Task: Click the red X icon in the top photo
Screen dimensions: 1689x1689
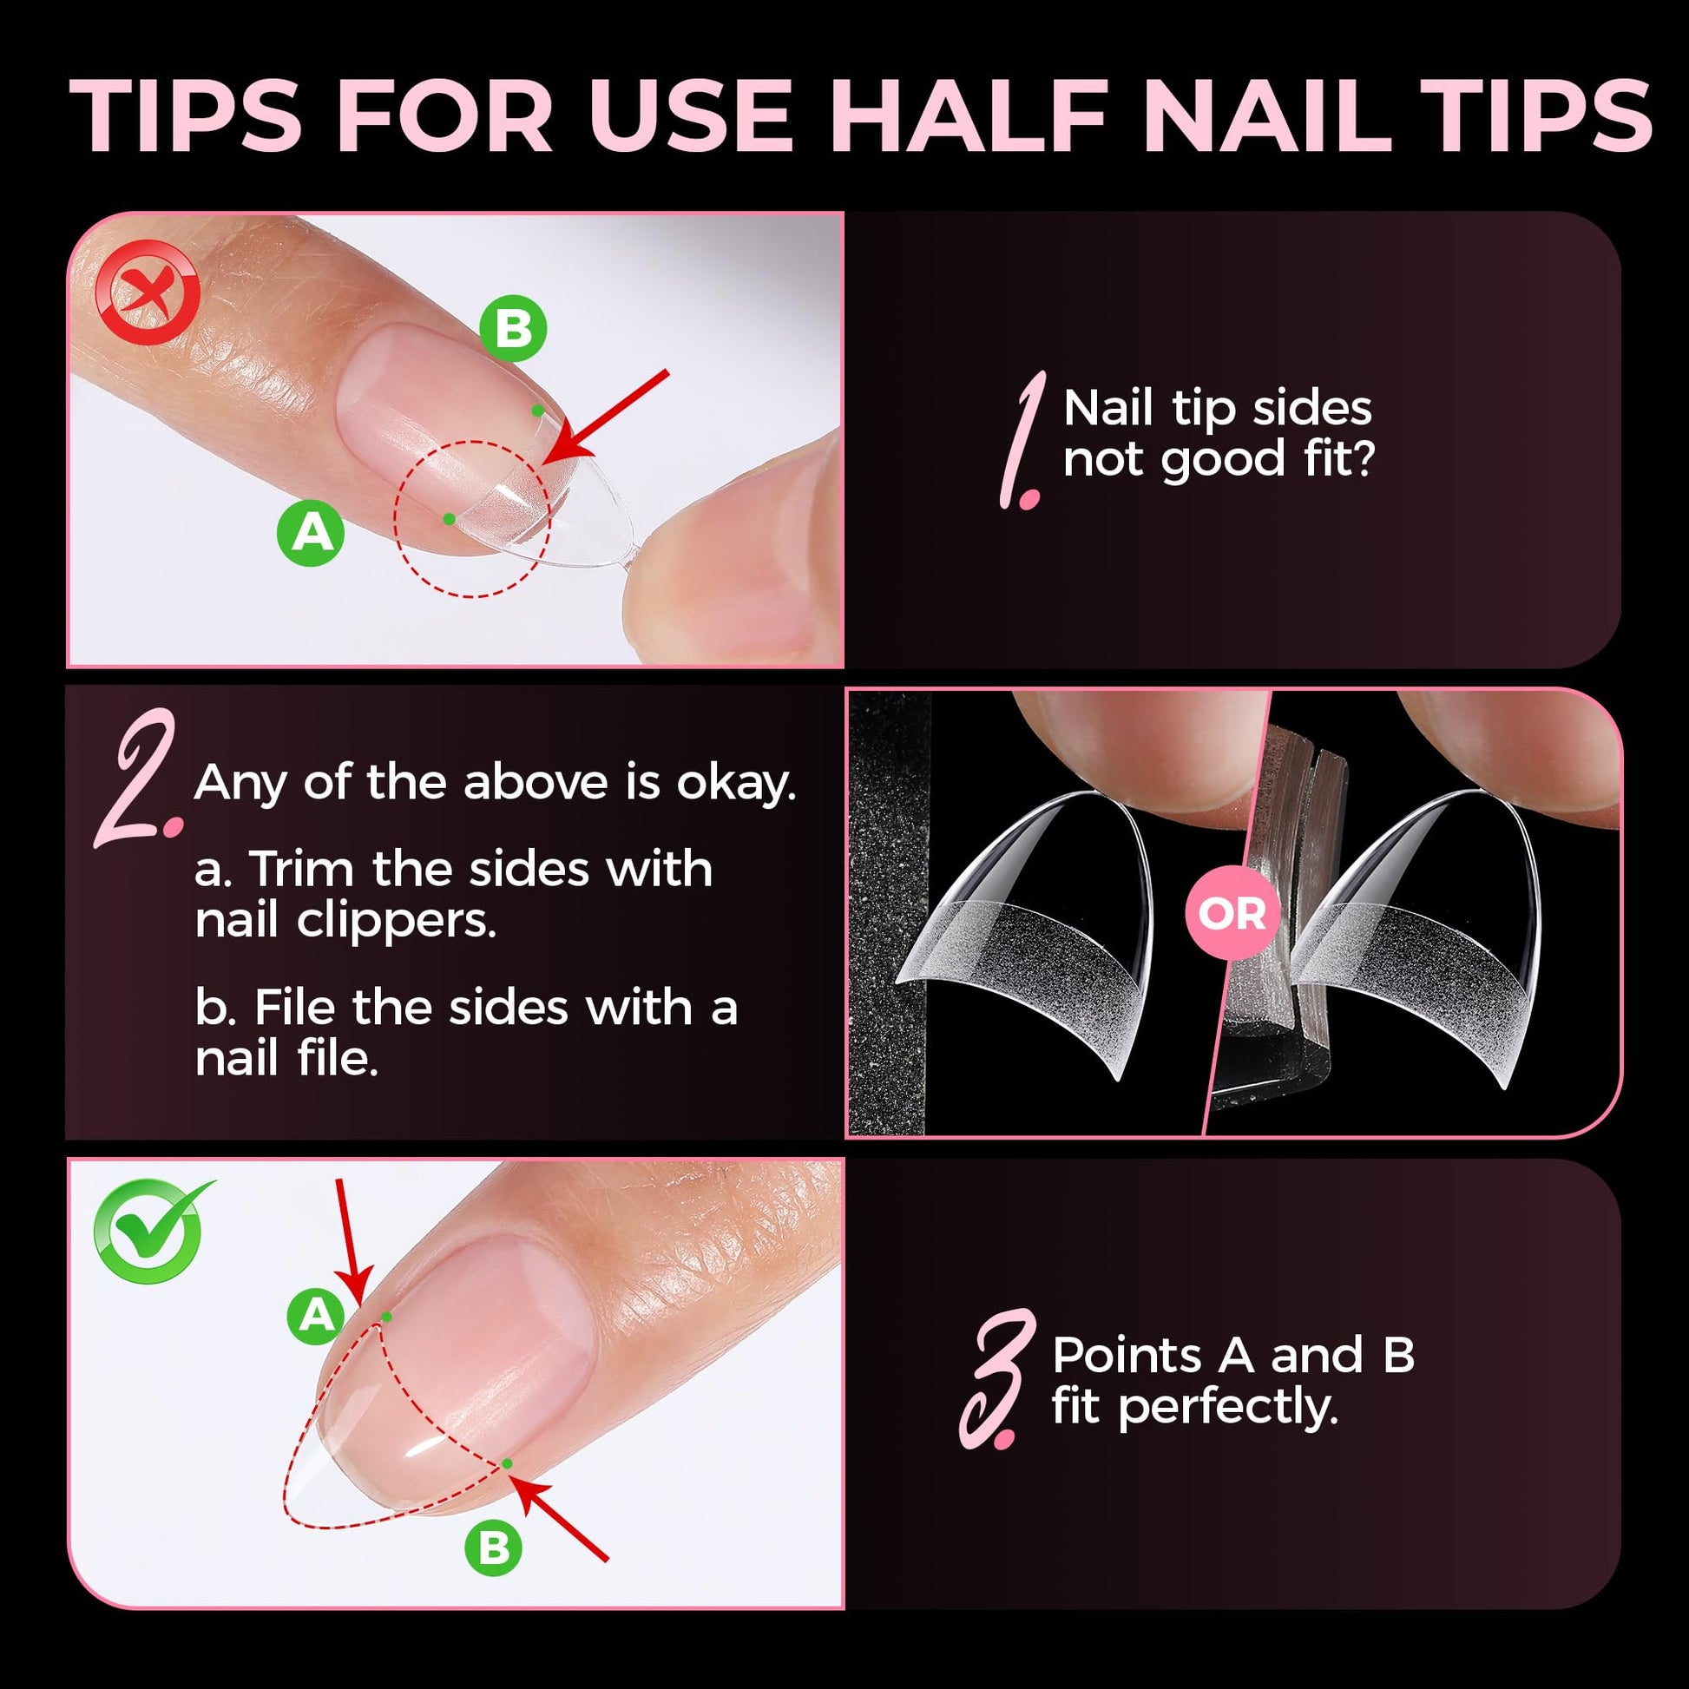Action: click(148, 292)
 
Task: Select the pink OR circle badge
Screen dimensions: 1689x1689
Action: click(1232, 915)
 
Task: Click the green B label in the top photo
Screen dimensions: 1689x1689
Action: click(513, 329)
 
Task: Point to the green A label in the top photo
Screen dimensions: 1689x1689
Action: click(312, 531)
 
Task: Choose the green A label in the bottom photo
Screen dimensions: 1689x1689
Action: click(317, 1314)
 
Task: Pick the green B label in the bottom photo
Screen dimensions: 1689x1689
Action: click(494, 1548)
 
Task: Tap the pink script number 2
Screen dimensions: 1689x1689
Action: click(138, 778)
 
